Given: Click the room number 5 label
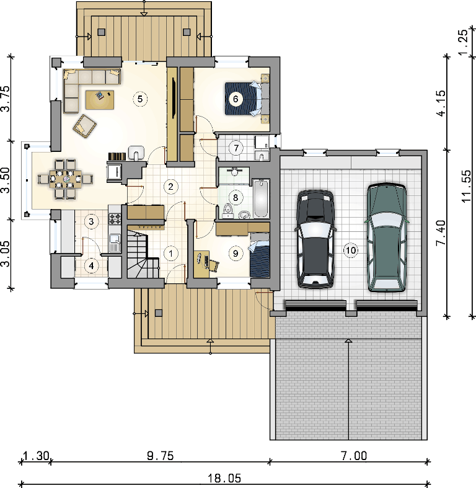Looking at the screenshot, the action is [139, 99].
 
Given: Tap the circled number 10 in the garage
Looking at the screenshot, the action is [351, 251].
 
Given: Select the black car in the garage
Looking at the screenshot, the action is [315, 238].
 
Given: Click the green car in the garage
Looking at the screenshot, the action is [387, 237].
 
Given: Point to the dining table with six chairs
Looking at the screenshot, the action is [66, 179].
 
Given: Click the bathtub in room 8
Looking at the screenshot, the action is [261, 198].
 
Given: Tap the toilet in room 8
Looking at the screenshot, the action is [228, 211].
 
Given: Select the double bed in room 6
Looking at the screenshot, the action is [247, 99].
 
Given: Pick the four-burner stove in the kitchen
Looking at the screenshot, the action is [115, 218].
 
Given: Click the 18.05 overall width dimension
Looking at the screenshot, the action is [224, 478].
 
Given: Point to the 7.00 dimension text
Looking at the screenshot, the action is [354, 456].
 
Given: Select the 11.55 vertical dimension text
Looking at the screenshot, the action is [467, 186].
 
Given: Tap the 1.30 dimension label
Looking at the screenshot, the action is [36, 456].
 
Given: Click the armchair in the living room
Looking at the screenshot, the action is [84, 126].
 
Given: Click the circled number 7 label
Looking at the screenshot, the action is [236, 148].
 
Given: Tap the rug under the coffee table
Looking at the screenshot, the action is [100, 100].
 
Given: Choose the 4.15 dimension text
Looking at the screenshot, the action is [441, 104].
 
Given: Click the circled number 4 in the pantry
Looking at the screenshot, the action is [91, 266].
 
